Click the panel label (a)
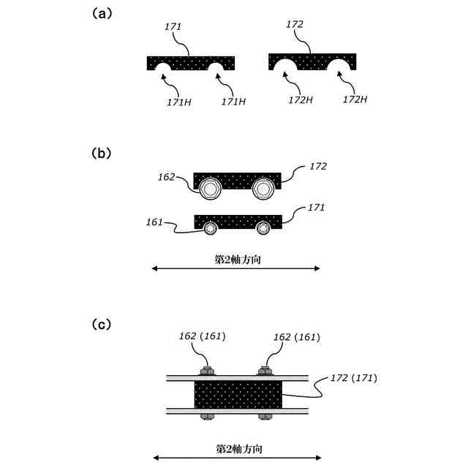point(102,13)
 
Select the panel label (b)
point(102,154)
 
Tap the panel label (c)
point(102,323)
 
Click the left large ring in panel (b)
point(211,189)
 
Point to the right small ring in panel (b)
point(263,227)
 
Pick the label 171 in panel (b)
point(316,208)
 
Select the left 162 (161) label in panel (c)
point(202,337)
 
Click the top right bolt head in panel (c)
point(265,371)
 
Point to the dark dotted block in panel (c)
point(237,395)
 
